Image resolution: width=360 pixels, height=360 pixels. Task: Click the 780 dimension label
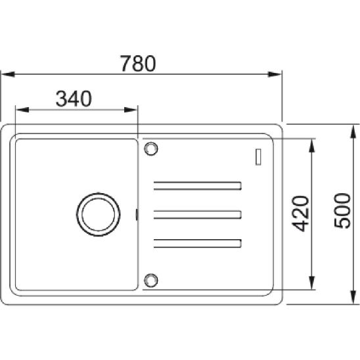[x=138, y=63]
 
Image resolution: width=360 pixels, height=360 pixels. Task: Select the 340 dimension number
[x=74, y=99]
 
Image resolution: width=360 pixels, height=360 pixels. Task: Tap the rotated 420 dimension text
[x=300, y=214]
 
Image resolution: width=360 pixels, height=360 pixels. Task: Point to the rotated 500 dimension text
[x=342, y=211]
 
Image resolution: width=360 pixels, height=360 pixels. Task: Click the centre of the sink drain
[x=99, y=214]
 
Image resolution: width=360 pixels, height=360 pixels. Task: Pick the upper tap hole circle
[x=151, y=148]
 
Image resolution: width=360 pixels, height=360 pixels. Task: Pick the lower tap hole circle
[x=151, y=281]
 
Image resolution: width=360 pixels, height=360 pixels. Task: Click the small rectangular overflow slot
[x=258, y=157]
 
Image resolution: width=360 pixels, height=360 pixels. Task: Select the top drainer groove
[x=198, y=186]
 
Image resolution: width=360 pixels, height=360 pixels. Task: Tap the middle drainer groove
[x=198, y=215]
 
